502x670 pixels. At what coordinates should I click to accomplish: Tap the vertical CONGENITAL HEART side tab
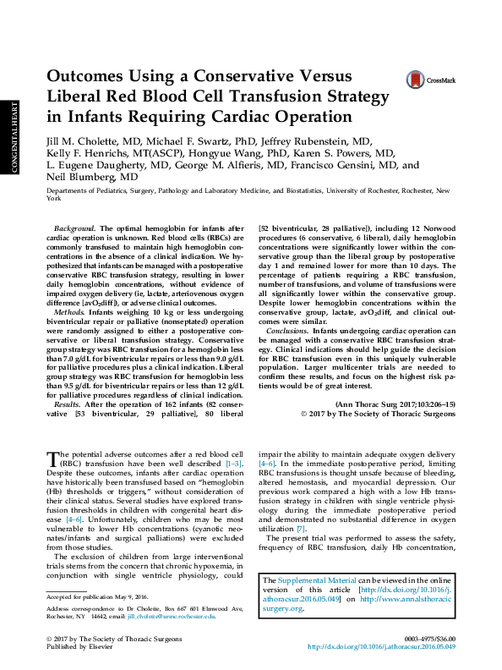coord(14,138)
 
